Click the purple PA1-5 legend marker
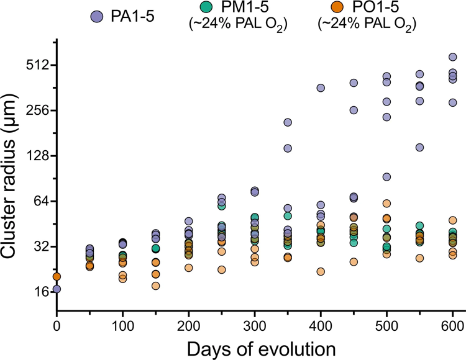(x=96, y=16)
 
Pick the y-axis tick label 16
(x=40, y=292)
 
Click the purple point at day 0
(x=57, y=289)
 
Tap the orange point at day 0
(x=57, y=277)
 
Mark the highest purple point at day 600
(x=452, y=57)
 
